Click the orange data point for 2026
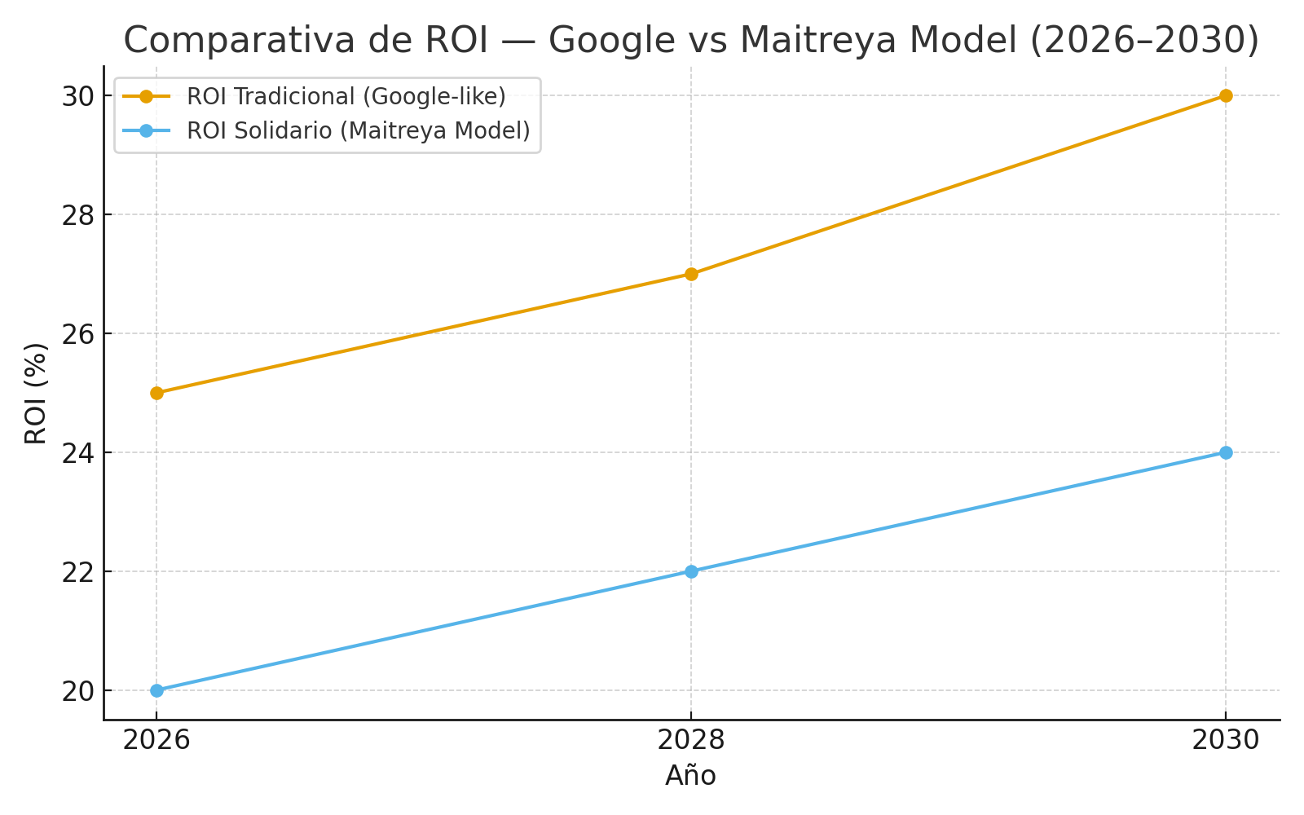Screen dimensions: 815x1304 click(x=156, y=393)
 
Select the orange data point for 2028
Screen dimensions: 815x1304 click(x=691, y=274)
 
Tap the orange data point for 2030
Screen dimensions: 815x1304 click(x=1225, y=95)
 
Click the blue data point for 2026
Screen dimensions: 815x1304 click(x=156, y=690)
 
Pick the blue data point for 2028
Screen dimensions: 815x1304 click(x=691, y=571)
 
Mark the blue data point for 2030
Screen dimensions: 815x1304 click(x=1225, y=452)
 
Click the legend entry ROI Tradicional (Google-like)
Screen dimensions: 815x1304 click(x=346, y=96)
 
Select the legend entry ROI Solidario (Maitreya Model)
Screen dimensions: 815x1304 click(x=358, y=130)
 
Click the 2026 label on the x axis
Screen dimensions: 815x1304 click(x=156, y=740)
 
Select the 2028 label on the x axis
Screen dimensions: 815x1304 click(x=691, y=740)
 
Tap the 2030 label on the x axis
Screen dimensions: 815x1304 click(x=1225, y=740)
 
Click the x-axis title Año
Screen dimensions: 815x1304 click(x=691, y=776)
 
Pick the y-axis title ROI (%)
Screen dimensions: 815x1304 click(x=36, y=393)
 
